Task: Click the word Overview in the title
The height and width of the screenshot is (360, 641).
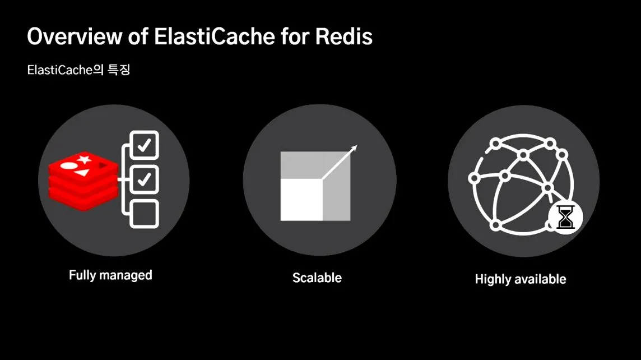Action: pyautogui.click(x=73, y=36)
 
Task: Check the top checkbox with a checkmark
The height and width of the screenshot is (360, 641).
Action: pyautogui.click(x=144, y=145)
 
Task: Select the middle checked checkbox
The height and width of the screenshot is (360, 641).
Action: pyautogui.click(x=144, y=179)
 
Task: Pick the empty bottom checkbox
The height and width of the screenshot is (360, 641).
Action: pyautogui.click(x=144, y=214)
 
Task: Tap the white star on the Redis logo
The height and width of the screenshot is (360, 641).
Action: pyautogui.click(x=85, y=160)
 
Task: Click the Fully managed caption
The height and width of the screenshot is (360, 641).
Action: pyautogui.click(x=110, y=275)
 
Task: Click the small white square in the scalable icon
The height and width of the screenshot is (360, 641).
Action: pyautogui.click(x=301, y=200)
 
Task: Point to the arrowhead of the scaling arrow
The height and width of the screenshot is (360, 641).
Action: pyautogui.click(x=354, y=148)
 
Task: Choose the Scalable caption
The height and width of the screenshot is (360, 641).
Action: pyautogui.click(x=317, y=278)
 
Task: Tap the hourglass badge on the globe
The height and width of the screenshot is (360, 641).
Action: pyautogui.click(x=566, y=216)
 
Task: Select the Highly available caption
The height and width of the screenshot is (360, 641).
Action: pyautogui.click(x=521, y=279)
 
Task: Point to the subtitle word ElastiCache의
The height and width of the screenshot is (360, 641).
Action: pyautogui.click(x=62, y=71)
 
